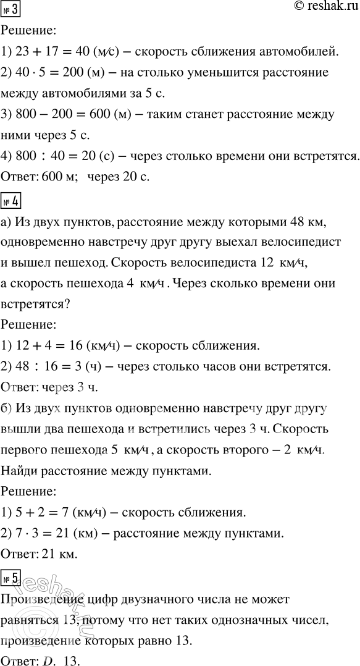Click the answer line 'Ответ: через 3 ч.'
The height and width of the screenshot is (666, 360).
[51, 389]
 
